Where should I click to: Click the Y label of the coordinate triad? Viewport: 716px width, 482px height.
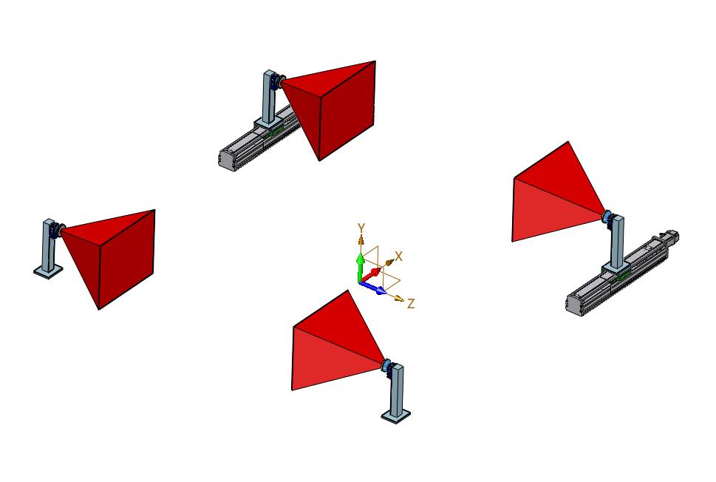click(361, 228)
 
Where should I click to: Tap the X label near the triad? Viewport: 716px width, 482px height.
click(399, 257)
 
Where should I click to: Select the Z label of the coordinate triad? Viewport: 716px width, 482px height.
click(411, 303)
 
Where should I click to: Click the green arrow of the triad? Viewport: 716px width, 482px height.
click(360, 268)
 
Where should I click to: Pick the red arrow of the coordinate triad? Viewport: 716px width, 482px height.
click(370, 275)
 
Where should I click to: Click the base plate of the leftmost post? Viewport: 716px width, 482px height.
click(49, 271)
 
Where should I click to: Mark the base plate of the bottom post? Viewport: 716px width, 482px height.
click(396, 415)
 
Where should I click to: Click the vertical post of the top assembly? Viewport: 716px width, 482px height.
click(269, 96)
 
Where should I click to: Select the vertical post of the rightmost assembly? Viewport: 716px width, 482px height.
click(618, 242)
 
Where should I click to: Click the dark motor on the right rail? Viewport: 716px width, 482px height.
click(670, 236)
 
